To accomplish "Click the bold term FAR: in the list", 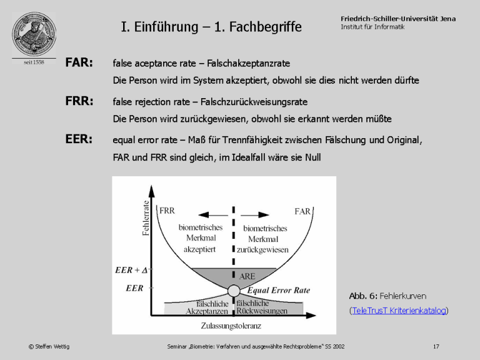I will [79, 63].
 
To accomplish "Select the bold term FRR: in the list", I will [79, 101].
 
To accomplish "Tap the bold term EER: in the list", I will [79, 139].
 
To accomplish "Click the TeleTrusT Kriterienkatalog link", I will [399, 310].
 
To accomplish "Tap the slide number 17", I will [436, 346].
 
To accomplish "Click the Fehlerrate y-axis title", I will [146, 217].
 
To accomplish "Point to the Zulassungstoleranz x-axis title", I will [231, 326].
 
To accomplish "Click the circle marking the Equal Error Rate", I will [233, 291].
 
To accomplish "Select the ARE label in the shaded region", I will [247, 276].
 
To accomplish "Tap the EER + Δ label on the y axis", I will [131, 271].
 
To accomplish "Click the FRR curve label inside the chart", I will [167, 211].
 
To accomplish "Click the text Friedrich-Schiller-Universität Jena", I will [398, 19].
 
